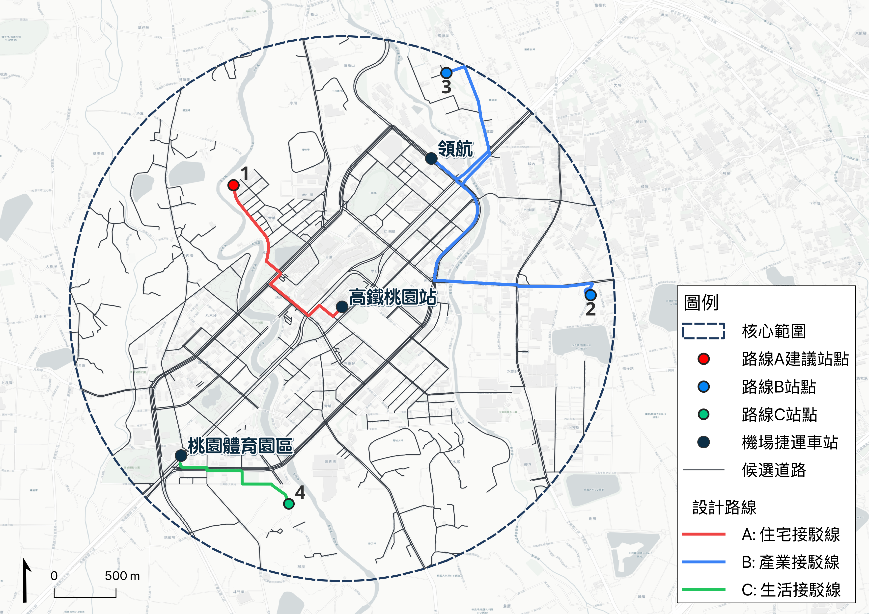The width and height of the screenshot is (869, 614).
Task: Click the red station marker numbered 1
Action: tap(233, 185)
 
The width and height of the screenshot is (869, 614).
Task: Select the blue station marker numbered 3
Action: tap(446, 72)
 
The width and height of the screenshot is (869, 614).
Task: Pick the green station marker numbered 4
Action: tap(288, 504)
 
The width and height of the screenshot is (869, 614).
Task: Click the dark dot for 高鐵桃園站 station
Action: tap(342, 307)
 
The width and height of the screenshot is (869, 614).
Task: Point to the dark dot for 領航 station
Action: tap(431, 158)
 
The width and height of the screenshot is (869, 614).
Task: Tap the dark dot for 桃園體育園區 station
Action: tap(181, 456)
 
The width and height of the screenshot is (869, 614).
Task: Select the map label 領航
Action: tap(455, 149)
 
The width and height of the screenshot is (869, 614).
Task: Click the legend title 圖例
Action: tap(701, 303)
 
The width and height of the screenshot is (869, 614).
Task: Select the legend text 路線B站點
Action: tap(779, 387)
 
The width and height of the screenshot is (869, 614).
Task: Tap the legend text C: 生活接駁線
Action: tap(791, 590)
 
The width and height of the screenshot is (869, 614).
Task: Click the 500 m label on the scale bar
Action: tap(122, 576)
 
